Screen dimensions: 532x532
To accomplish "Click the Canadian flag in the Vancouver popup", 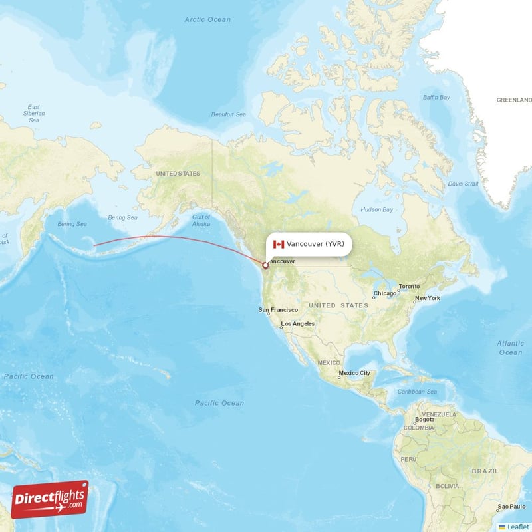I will pos(279,244).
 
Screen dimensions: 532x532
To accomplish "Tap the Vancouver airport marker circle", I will pos(265,265).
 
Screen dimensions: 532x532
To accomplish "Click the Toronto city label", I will pos(410,287).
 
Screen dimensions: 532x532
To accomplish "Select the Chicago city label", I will pos(385,293).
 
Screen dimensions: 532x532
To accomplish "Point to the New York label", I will pos(428,298).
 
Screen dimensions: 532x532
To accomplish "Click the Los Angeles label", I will pos(298,324).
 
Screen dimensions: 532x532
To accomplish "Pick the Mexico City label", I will pos(354,373).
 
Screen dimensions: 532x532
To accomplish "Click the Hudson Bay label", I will pos(377,209).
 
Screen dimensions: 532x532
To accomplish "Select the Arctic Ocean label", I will pos(207,19).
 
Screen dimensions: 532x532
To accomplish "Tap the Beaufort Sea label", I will pos(229,114).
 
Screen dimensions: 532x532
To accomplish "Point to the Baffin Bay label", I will pos(436,98).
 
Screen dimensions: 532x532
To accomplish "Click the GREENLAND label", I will pos(514,100).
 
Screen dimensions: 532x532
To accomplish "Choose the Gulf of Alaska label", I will pos(201,221).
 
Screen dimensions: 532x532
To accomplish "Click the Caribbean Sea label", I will pos(417,392).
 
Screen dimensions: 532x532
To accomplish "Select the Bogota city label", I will pos(424,420).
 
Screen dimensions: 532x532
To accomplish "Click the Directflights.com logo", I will pos(50,499).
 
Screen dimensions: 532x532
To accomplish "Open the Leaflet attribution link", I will pos(518,527).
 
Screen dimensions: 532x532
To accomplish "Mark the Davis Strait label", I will pos(463,184).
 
